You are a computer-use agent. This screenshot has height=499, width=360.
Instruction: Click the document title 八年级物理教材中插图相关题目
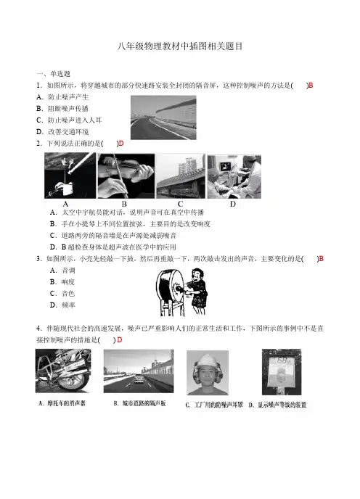click(x=180, y=46)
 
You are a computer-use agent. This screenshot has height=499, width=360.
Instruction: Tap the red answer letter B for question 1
click(x=311, y=86)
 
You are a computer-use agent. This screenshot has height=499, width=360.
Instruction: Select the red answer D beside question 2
click(x=121, y=144)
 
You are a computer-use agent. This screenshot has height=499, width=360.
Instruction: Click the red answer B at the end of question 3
click(x=321, y=259)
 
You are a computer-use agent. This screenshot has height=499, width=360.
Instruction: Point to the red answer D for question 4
click(x=120, y=340)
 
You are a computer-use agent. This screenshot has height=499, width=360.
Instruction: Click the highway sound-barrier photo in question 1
click(x=163, y=117)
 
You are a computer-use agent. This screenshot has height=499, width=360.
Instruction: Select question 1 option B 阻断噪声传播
click(x=62, y=109)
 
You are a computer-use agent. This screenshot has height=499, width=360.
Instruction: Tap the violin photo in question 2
click(x=126, y=176)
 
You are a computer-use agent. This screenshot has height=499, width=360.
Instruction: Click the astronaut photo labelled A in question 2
click(x=70, y=176)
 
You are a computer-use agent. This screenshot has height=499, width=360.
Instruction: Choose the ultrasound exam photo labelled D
click(x=234, y=177)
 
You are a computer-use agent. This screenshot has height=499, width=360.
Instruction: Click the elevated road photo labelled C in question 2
click(x=181, y=176)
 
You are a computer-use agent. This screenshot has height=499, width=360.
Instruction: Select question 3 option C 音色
click(x=62, y=294)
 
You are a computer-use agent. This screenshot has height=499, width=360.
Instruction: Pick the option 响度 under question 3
click(x=62, y=282)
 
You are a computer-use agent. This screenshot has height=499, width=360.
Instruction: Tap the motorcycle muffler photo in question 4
click(x=63, y=371)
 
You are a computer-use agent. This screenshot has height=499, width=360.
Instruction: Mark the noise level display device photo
click(x=282, y=372)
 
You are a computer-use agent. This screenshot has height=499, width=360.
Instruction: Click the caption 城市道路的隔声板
click(x=144, y=403)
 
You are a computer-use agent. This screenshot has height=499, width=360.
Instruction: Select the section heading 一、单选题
click(x=53, y=74)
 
